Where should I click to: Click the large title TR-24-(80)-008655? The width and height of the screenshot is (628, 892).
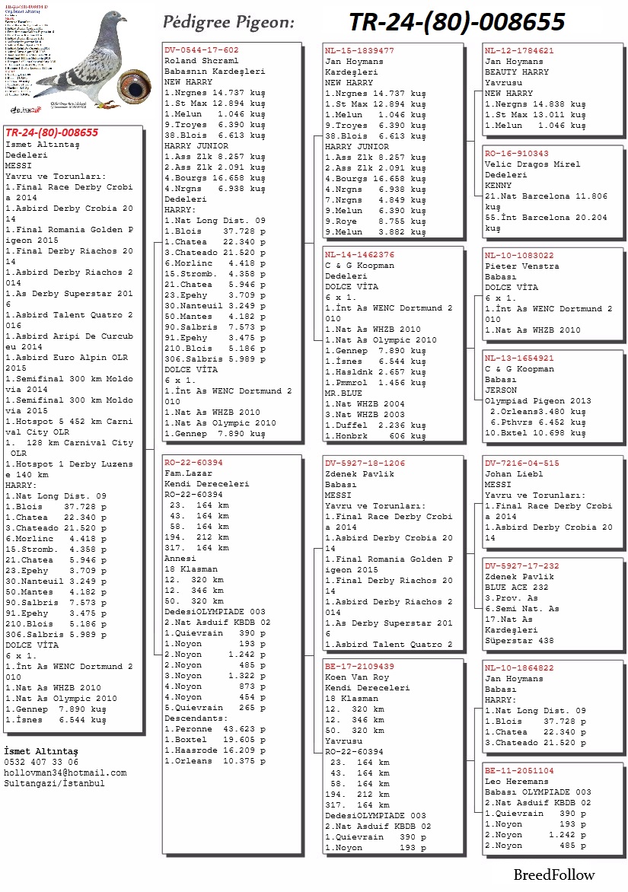[457, 22]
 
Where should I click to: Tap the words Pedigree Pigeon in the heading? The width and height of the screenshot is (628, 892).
[229, 22]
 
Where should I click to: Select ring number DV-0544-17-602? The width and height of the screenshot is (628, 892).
[202, 50]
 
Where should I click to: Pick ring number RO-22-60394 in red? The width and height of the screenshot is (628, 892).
[194, 462]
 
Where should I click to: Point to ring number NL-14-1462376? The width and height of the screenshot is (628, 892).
[359, 255]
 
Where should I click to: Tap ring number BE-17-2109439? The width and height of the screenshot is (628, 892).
[359, 666]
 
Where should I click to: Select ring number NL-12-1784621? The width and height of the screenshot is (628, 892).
[519, 50]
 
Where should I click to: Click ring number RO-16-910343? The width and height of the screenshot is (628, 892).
[516, 153]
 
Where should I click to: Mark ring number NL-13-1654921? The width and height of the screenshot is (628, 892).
[519, 357]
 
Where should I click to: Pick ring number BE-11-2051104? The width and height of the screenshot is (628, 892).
[519, 770]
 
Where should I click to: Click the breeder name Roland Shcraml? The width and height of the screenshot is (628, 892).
[202, 61]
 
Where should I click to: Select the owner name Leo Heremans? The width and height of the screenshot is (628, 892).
[516, 781]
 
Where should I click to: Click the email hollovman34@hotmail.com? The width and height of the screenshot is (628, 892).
[65, 773]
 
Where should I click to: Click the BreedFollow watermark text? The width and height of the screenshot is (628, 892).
[553, 874]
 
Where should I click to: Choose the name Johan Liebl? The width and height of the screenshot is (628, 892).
[514, 473]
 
